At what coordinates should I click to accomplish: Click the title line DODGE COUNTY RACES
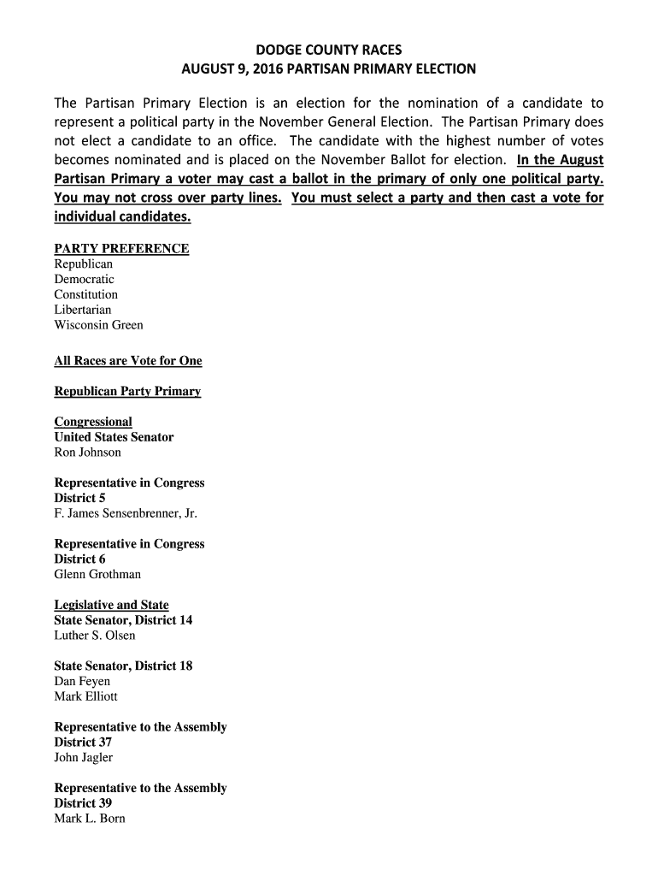pos(329,50)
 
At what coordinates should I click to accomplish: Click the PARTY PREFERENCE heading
pos(121,249)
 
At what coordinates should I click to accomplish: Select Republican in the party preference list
pos(84,264)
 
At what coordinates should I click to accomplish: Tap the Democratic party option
pos(84,280)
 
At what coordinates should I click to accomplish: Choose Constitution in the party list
pos(86,295)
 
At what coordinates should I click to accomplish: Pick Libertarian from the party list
pos(83,310)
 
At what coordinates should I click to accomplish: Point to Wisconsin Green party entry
pos(99,325)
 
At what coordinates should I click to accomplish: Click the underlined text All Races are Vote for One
pos(128,361)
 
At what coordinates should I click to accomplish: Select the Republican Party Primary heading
pos(127,392)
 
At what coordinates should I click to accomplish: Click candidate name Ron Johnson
pos(88,453)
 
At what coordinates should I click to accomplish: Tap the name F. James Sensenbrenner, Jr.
pos(126,514)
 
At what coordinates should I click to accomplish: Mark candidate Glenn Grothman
pos(97,575)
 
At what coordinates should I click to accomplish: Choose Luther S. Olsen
pos(95,636)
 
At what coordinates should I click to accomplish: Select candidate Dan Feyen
pos(82,682)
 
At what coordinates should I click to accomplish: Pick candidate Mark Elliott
pos(86,697)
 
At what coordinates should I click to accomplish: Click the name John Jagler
pos(84,758)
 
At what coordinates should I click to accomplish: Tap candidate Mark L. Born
pos(90,819)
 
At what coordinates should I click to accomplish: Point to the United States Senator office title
pos(114,437)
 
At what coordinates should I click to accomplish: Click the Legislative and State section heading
pos(111,606)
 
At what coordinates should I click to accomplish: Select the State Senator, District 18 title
pos(123,666)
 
